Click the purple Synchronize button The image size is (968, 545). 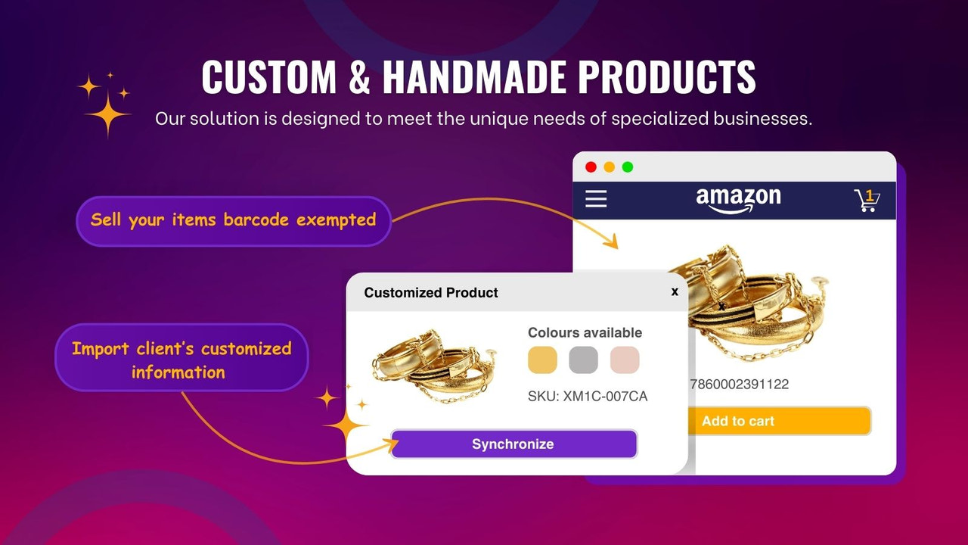click(513, 444)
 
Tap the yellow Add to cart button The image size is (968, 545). click(779, 421)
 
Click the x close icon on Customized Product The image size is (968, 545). click(675, 291)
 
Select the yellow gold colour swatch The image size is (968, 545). click(542, 360)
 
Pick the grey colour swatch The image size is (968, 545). click(583, 360)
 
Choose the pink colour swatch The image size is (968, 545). click(625, 360)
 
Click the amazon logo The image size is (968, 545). click(738, 200)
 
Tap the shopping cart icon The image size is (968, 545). click(867, 200)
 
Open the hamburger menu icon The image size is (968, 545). click(596, 199)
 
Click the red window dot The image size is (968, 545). click(591, 167)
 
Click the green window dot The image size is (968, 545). click(627, 167)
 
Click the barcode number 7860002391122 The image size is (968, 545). click(739, 384)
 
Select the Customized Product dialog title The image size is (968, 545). click(431, 293)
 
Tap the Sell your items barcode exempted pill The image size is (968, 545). click(233, 220)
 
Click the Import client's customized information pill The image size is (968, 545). click(181, 360)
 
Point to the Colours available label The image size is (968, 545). click(585, 332)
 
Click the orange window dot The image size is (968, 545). click(609, 167)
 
